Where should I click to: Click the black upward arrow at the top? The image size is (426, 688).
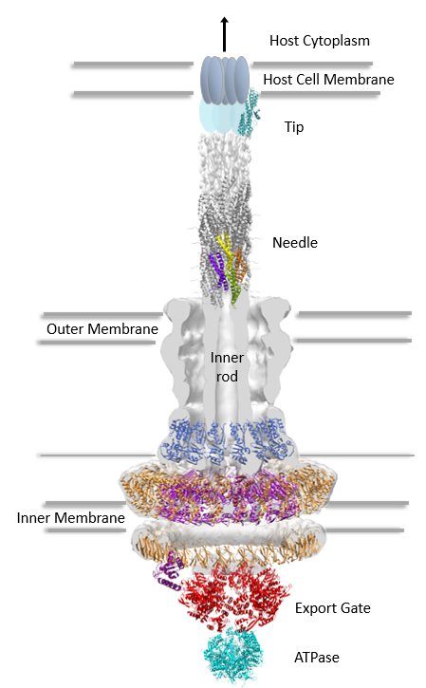(224, 35)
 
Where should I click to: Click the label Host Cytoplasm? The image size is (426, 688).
(320, 41)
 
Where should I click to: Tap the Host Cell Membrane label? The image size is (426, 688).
(328, 80)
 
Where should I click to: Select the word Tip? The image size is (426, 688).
(294, 127)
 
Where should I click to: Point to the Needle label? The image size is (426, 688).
(295, 243)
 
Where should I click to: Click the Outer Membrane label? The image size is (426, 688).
(102, 329)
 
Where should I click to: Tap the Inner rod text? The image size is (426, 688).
(227, 367)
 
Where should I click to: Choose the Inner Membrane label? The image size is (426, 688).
(70, 518)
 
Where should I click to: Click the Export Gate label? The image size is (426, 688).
(333, 608)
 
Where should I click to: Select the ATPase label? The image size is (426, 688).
(316, 658)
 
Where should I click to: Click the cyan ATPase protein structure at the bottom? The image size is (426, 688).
(232, 657)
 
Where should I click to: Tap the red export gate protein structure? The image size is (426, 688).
(232, 597)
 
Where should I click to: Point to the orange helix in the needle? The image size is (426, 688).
(240, 265)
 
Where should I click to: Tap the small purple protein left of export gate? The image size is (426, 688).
(169, 571)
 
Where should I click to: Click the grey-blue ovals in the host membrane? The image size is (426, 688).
(225, 81)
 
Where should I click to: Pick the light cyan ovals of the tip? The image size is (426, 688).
(219, 115)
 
